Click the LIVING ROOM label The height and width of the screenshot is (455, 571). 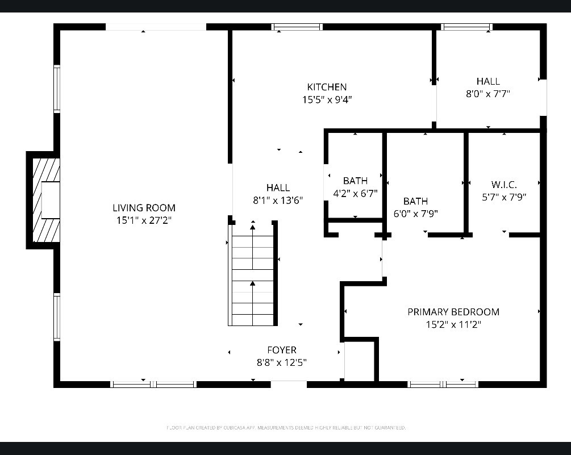click(144, 208)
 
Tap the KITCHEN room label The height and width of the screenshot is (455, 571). click(327, 87)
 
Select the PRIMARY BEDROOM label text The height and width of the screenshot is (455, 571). click(453, 312)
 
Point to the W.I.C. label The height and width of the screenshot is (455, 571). click(504, 185)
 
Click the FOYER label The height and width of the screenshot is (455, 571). click(282, 350)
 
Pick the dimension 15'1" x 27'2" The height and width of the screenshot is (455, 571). click(144, 220)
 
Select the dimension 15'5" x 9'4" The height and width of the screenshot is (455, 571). click(327, 99)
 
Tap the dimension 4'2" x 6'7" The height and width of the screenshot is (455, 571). click(355, 193)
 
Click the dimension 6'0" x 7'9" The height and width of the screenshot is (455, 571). click(415, 214)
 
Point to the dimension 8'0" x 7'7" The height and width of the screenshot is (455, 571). click(488, 94)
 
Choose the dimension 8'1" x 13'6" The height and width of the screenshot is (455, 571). click(278, 200)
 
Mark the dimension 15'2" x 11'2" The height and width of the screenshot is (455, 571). click(453, 324)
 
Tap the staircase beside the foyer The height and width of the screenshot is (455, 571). click(252, 275)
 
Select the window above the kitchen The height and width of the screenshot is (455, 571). click(297, 27)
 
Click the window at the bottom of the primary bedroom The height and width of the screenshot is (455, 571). click(444, 385)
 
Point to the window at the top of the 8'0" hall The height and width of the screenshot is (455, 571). click(466, 27)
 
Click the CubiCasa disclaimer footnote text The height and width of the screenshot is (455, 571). click(285, 427)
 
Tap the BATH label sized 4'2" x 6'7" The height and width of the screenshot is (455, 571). click(355, 181)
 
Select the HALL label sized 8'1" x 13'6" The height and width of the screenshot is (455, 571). click(278, 187)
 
